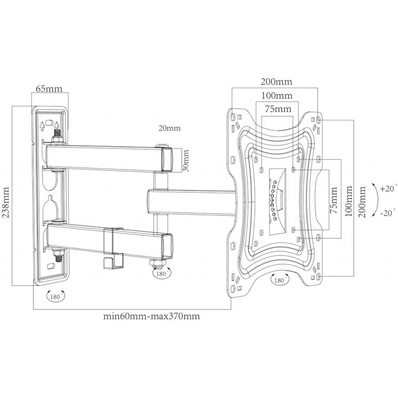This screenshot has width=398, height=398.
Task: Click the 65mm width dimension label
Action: coord(49,88)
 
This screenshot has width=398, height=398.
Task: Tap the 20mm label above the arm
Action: coord(169,128)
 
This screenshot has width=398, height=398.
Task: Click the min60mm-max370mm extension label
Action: coord(151,316)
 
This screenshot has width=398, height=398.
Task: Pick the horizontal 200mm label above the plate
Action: coord(276,82)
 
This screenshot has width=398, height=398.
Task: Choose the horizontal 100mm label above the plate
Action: coord(277,95)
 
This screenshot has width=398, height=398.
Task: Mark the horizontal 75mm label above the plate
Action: coord(278,109)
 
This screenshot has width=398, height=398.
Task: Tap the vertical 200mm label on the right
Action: coord(362,202)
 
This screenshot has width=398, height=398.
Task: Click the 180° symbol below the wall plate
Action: coord(56,297)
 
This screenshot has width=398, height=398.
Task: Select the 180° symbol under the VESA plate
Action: coord(279,280)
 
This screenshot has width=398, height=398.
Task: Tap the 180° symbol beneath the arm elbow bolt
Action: coord(161,273)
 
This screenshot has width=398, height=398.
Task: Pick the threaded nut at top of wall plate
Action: coord(57,137)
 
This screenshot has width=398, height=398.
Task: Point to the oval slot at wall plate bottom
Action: coord(49,266)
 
